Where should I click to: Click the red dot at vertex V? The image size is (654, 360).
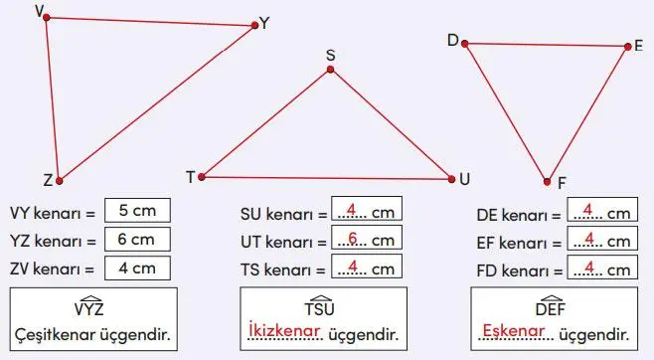pos(47,18)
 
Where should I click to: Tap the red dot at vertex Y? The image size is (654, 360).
pos(253,28)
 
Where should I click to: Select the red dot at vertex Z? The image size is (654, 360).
pos(59,181)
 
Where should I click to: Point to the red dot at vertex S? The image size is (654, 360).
pos(331,71)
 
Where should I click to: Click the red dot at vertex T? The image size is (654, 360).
pos(202,177)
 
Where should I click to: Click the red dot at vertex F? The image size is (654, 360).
pos(547,181)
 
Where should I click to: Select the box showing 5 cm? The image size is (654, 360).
pos(137,211)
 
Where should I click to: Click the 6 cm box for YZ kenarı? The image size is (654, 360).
pos(137,239)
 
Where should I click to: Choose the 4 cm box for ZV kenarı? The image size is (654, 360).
pos(137,267)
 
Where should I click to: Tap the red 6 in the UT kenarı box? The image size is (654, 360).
pos(354,239)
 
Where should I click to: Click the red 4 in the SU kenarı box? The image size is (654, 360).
pos(353,211)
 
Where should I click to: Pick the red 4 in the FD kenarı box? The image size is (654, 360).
pos(588,267)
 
